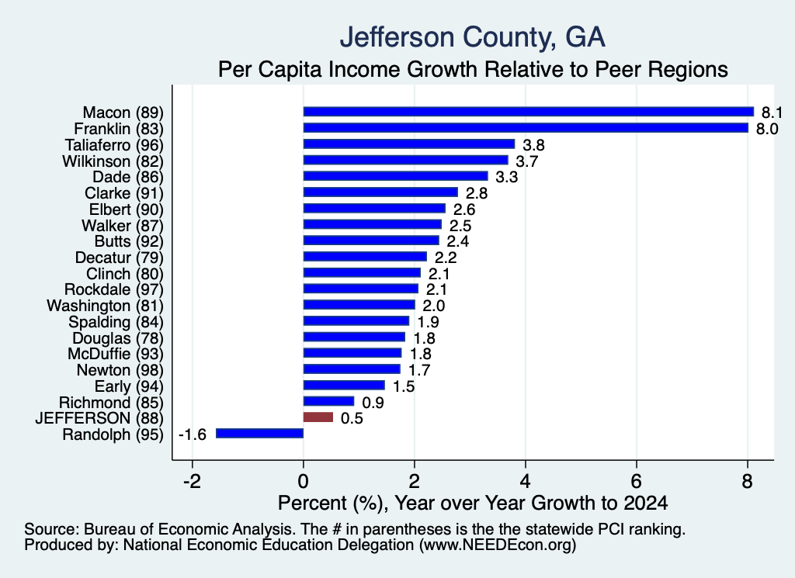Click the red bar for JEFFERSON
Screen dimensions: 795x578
(318, 417)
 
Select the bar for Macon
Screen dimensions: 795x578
(528, 112)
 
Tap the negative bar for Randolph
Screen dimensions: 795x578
(259, 434)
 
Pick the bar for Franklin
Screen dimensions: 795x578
(526, 128)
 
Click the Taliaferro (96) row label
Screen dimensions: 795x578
(114, 145)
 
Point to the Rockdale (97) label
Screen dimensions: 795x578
(114, 289)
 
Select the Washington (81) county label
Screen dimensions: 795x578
(106, 306)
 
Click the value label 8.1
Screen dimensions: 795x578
(772, 112)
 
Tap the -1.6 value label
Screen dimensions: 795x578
(193, 434)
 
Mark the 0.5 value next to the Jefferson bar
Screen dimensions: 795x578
(352, 418)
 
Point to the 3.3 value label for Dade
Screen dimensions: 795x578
(506, 177)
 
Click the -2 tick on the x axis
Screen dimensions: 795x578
(192, 481)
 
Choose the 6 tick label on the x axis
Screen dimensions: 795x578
(637, 481)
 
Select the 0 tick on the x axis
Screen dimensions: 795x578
(304, 481)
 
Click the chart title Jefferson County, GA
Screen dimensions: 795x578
(473, 37)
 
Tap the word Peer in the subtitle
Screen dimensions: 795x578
(616, 69)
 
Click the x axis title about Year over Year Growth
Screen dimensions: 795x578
(473, 503)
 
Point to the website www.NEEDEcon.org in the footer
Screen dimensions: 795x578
(498, 545)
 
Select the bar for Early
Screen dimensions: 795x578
(344, 386)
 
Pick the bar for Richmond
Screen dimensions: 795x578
(328, 401)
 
